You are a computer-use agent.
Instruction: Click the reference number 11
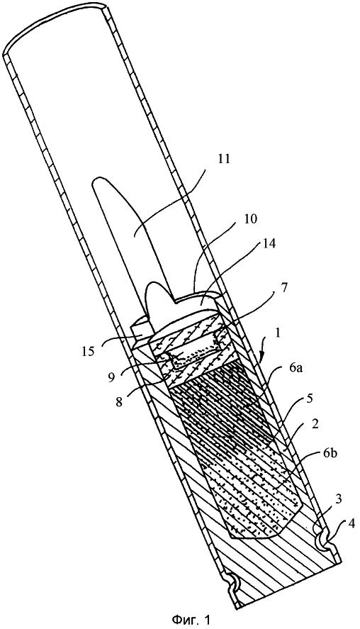225,158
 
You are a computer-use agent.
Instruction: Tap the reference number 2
315,424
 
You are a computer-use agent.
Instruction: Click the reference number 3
338,500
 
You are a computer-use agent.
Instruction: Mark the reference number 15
87,352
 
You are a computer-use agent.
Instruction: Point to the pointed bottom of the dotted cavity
230,535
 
